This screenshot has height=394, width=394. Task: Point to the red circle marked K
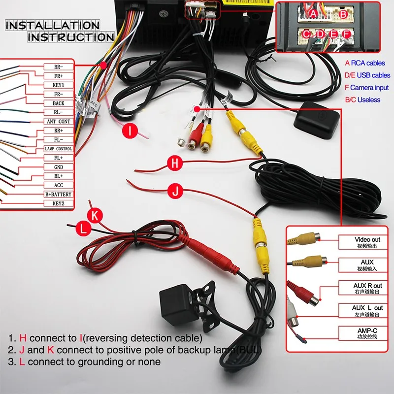pyautogui.click(x=95, y=215)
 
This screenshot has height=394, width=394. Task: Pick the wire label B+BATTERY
pyautogui.click(x=59, y=195)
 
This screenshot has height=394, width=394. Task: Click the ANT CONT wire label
pyautogui.click(x=59, y=121)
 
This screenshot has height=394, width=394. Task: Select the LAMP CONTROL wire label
pyautogui.click(x=59, y=149)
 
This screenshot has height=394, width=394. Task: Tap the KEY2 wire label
pyautogui.click(x=59, y=203)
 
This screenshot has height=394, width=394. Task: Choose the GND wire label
pyautogui.click(x=59, y=167)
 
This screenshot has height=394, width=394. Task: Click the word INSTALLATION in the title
pyautogui.click(x=53, y=25)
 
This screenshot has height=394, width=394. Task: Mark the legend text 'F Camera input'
pyautogui.click(x=366, y=87)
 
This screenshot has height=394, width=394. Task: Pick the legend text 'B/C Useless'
pyautogui.click(x=362, y=99)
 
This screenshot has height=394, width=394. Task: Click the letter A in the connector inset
pyautogui.click(x=314, y=13)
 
